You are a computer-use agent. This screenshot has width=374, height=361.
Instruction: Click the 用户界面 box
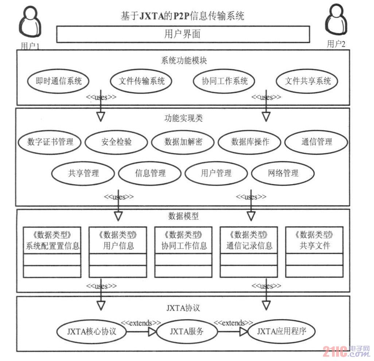tap(183, 34)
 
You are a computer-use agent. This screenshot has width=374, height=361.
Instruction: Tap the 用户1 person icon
tap(30, 23)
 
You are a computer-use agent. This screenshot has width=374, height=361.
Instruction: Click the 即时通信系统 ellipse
tap(59, 81)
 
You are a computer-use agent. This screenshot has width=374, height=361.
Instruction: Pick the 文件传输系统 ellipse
tap(141, 81)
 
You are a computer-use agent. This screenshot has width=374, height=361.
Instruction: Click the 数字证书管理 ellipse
tap(50, 142)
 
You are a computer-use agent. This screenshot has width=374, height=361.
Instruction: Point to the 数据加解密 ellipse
tap(183, 142)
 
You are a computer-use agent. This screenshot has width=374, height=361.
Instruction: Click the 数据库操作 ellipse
tap(250, 142)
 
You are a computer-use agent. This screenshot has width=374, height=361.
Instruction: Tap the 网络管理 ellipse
tap(283, 173)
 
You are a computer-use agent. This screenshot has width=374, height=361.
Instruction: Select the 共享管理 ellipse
tap(83, 173)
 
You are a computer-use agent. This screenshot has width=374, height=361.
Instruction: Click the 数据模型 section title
tap(183, 216)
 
